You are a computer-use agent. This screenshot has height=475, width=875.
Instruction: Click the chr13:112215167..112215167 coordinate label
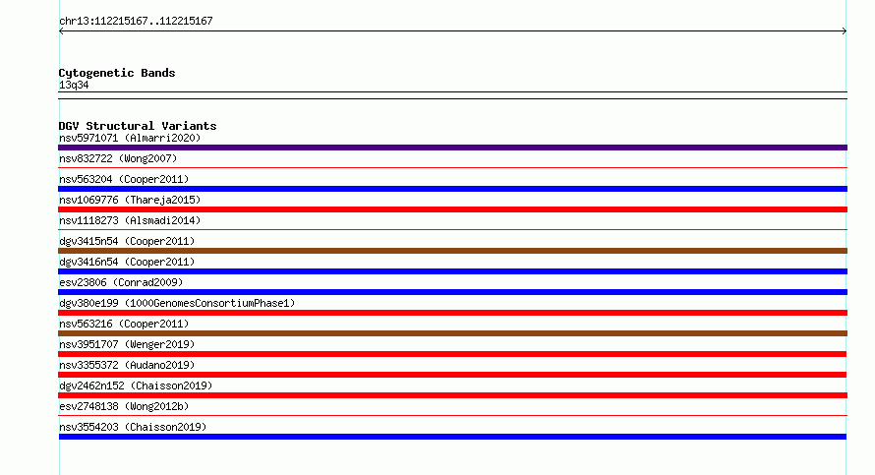pyautogui.click(x=136, y=22)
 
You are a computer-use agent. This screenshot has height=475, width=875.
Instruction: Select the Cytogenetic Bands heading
pyautogui.click(x=117, y=73)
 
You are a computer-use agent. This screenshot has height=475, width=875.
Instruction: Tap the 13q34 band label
pyautogui.click(x=74, y=85)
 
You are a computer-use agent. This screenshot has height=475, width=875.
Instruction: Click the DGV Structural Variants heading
pyautogui.click(x=138, y=126)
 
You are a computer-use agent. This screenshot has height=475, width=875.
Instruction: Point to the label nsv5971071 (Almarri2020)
pyautogui.click(x=130, y=138)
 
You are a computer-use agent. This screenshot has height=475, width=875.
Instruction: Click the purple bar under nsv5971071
pyautogui.click(x=452, y=148)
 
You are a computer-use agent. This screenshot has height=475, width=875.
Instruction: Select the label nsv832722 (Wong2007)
pyautogui.click(x=118, y=158)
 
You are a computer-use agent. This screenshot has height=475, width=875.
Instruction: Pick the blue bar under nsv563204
pyautogui.click(x=452, y=189)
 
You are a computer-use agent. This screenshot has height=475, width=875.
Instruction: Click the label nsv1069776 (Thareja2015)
pyautogui.click(x=130, y=200)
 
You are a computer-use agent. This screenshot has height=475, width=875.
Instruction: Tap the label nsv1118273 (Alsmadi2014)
pyautogui.click(x=130, y=220)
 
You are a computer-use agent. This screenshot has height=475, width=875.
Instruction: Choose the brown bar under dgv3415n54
pyautogui.click(x=452, y=251)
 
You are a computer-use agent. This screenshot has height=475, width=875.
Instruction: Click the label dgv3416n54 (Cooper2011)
pyautogui.click(x=127, y=262)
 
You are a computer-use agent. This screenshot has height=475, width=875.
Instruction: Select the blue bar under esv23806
pyautogui.click(x=452, y=292)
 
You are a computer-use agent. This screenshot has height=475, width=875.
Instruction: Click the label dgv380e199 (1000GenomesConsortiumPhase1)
pyautogui.click(x=177, y=303)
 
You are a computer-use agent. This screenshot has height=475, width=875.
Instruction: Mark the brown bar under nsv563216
pyautogui.click(x=452, y=333)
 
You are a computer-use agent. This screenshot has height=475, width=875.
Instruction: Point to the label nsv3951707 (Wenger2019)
pyautogui.click(x=127, y=344)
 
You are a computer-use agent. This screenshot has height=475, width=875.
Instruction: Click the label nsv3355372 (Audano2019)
pyautogui.click(x=127, y=365)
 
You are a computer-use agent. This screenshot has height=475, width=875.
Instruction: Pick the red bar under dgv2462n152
pyautogui.click(x=452, y=395)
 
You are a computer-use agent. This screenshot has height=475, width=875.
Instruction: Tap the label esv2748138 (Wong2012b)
pyautogui.click(x=124, y=406)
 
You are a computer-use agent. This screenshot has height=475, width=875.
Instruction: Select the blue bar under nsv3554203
pyautogui.click(x=452, y=437)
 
